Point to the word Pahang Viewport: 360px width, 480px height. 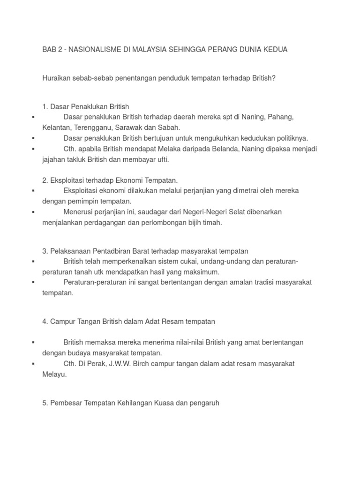(283, 117)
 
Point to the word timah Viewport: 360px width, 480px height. (211, 223)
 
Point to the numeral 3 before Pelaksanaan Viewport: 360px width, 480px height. (44, 251)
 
